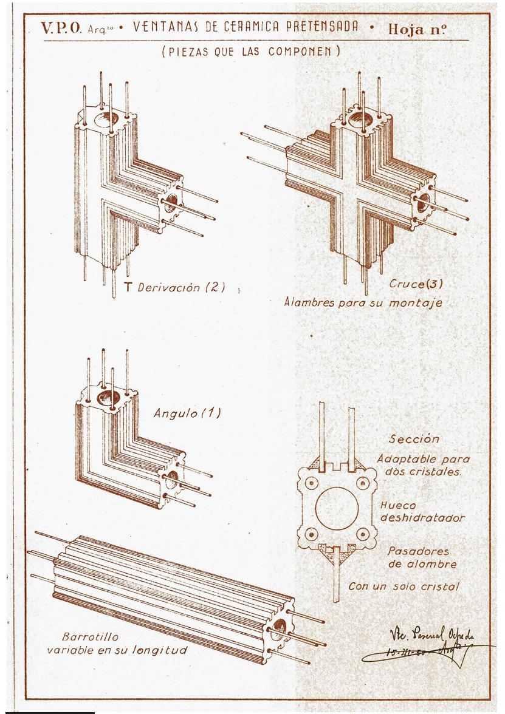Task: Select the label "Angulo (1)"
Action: [187, 413]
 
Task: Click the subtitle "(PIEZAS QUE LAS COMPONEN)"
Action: [251, 52]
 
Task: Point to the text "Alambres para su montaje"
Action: [363, 302]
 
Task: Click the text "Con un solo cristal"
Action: [404, 586]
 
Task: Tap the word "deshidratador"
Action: [422, 518]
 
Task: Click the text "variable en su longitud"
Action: [117, 650]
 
